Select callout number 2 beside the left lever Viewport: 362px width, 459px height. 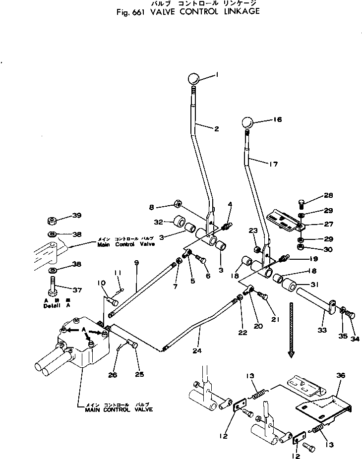(x=216, y=129)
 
